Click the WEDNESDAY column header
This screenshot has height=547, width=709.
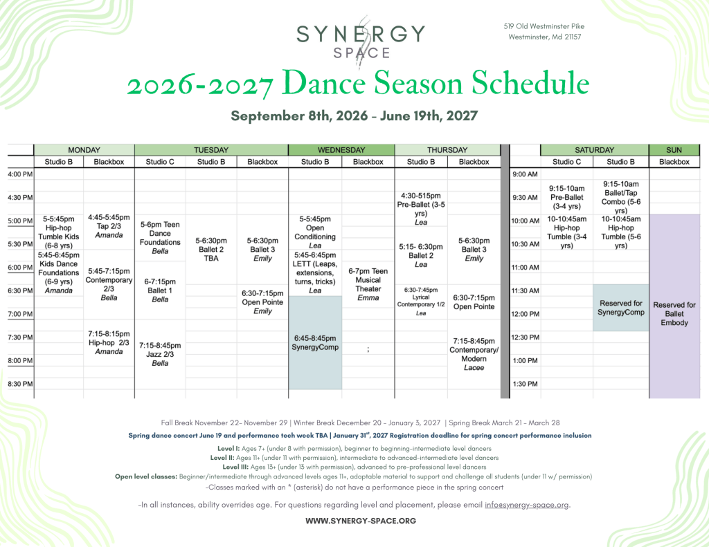(341, 150)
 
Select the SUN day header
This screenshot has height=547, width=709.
(674, 150)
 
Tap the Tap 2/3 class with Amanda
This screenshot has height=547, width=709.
(109, 226)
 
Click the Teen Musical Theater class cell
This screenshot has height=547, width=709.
(368, 284)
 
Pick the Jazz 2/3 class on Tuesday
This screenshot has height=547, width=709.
(160, 354)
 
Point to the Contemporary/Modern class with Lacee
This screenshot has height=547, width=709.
(474, 354)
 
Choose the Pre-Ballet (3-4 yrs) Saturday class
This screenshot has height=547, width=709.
(566, 197)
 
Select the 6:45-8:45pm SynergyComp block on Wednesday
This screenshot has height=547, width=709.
(315, 342)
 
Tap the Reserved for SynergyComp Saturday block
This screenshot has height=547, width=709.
(621, 308)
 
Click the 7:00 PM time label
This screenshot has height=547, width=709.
(20, 314)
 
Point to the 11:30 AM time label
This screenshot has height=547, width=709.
(525, 290)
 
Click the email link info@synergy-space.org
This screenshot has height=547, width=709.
(527, 505)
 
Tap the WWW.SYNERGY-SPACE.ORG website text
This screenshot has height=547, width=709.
(361, 521)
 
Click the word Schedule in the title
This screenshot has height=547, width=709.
(530, 83)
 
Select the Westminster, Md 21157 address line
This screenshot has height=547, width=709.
(544, 37)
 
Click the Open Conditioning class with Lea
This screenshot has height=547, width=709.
(315, 232)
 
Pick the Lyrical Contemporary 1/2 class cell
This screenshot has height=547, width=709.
(421, 302)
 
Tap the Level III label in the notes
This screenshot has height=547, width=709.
(235, 467)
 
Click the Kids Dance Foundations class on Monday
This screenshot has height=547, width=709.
(59, 273)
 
